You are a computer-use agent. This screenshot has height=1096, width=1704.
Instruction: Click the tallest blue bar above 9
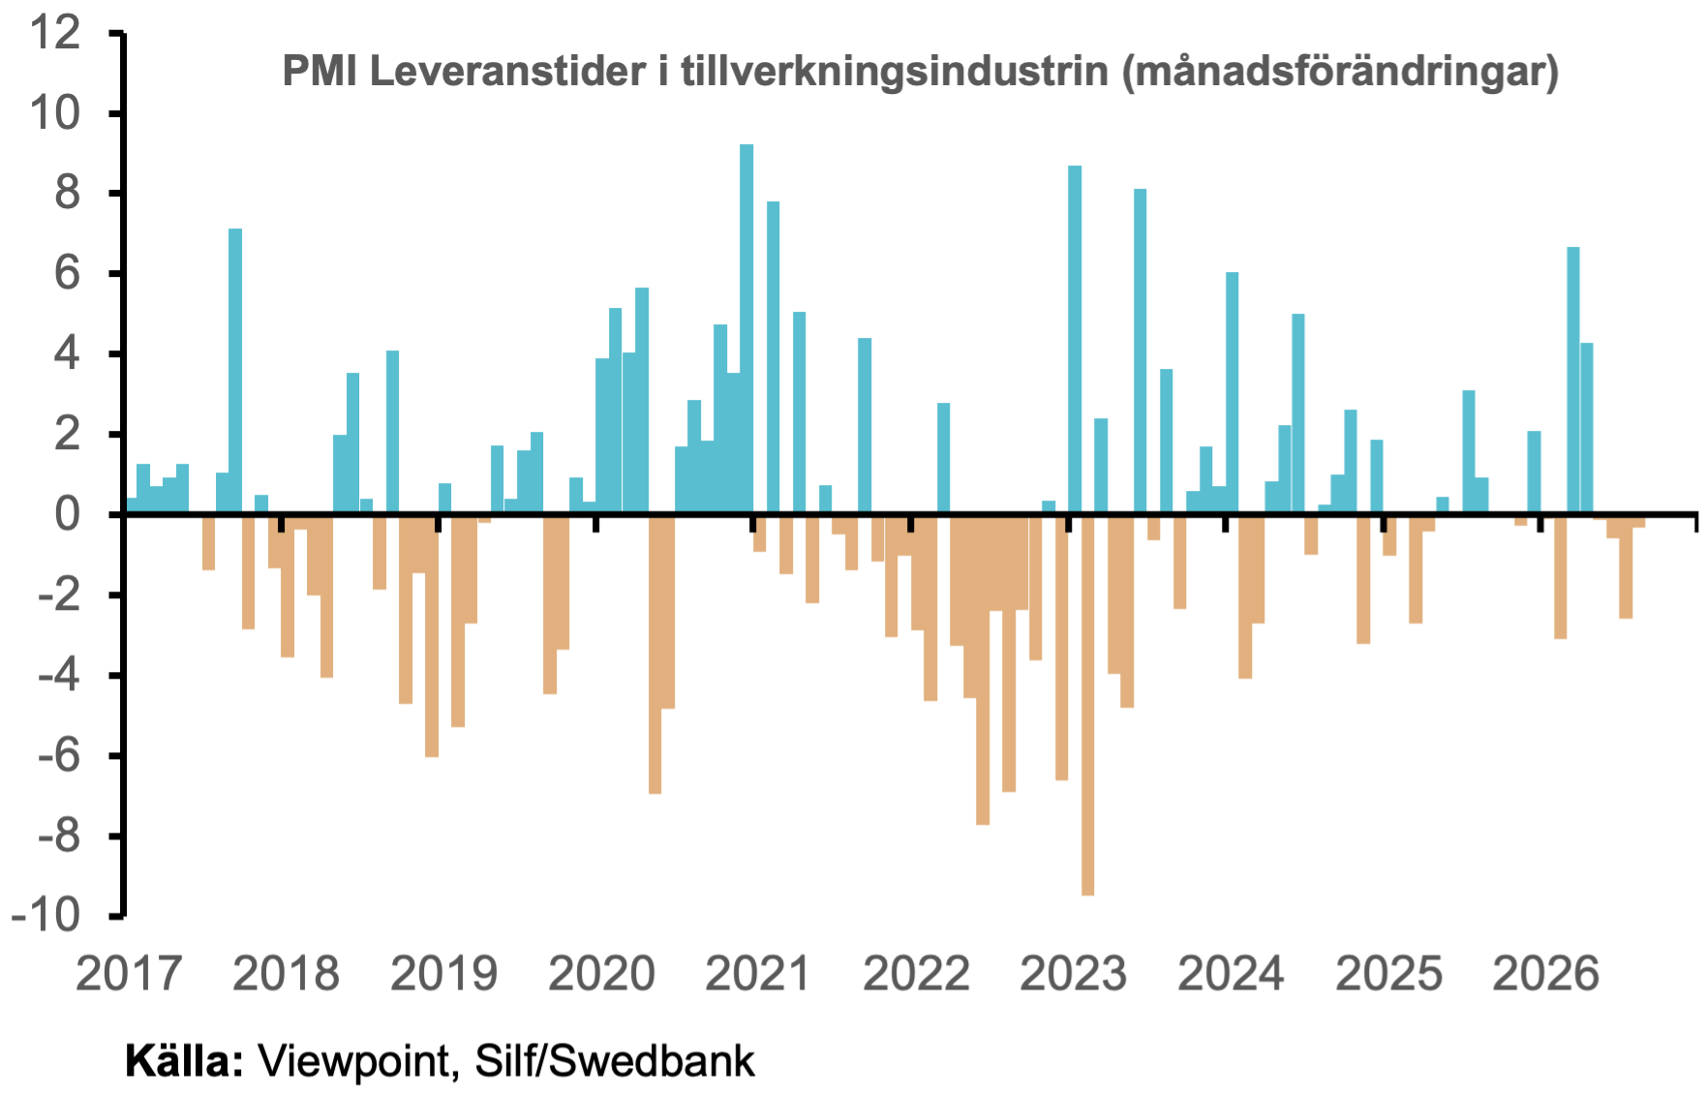click(746, 328)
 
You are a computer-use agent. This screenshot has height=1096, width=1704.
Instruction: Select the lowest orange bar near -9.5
click(1087, 706)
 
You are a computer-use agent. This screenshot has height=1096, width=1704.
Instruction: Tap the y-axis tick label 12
click(55, 34)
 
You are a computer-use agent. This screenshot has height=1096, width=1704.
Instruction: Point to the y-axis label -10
click(46, 915)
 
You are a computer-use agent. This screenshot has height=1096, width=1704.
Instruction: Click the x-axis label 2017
click(129, 973)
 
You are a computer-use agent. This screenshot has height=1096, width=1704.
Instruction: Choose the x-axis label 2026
click(1546, 973)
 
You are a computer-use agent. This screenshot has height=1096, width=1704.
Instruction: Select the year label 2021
click(758, 973)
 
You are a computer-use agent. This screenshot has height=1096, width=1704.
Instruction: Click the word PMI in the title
click(319, 72)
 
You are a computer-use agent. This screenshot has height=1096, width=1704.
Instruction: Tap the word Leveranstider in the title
click(507, 72)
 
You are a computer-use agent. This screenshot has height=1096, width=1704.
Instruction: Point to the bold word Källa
click(184, 1061)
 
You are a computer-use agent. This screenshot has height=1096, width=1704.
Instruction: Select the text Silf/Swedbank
click(615, 1061)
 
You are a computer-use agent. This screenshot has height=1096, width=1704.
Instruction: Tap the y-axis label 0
click(68, 514)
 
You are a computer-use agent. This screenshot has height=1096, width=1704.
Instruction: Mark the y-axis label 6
click(68, 274)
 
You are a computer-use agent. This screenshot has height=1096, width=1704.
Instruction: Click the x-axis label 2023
click(1074, 973)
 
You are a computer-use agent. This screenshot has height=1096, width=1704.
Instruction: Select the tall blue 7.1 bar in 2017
click(235, 371)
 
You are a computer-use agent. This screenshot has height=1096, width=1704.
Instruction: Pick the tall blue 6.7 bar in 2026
click(1573, 380)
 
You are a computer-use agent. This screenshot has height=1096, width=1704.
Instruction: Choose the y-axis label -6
click(59, 755)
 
